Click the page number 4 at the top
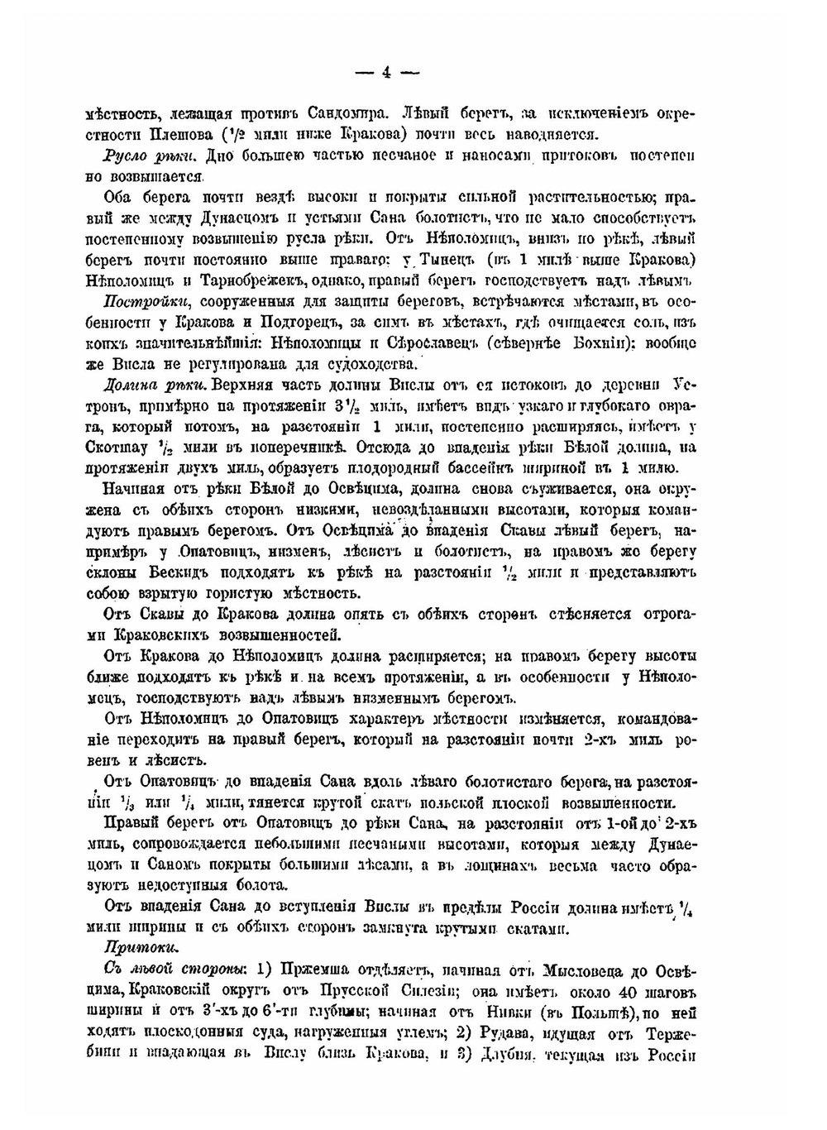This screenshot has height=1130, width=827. tap(386, 72)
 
